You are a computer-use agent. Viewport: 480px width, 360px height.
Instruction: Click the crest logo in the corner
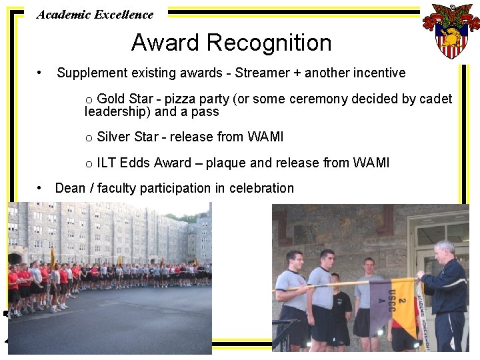point(451,30)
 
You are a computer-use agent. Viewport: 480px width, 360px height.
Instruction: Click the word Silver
point(113,137)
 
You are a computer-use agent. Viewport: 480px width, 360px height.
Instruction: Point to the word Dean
point(70,189)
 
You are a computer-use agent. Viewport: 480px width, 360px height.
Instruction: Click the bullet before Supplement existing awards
point(41,72)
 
